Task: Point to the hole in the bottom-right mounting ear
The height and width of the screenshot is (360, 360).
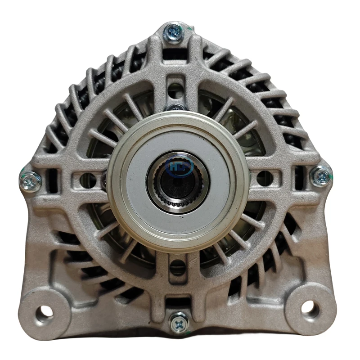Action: (x=310, y=309)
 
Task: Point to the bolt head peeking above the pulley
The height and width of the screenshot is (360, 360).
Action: (x=176, y=108)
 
